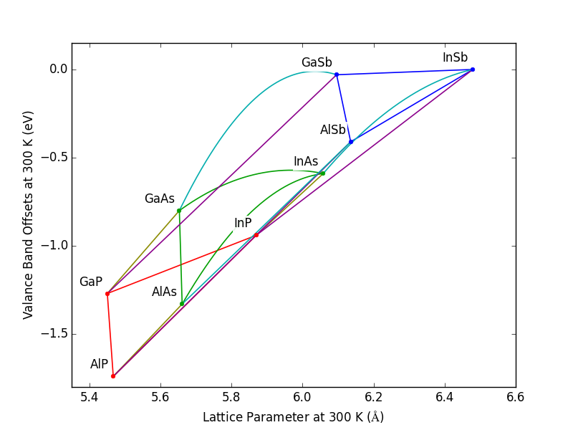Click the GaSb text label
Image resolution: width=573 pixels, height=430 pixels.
pos(317,63)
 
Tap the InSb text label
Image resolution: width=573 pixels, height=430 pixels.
pos(455,58)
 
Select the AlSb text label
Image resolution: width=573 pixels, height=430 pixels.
pos(332,130)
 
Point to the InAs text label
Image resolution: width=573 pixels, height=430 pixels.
pos(306,162)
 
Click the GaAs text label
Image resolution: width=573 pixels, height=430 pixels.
pos(159,199)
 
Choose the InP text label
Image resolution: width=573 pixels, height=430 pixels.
pos(243,224)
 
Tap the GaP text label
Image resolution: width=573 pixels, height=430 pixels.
pos(91,282)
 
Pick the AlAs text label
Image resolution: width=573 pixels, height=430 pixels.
pos(164,292)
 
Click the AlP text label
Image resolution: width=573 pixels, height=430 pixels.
pos(99,365)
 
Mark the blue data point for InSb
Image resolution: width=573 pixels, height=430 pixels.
pos(473,70)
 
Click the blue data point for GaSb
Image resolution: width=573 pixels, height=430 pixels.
pos(337,75)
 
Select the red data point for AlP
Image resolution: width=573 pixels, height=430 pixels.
pos(113,376)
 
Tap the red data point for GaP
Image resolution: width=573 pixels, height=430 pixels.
pos(107,294)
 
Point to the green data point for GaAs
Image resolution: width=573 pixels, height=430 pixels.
pos(179,211)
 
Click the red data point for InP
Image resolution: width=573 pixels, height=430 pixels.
pos(256,235)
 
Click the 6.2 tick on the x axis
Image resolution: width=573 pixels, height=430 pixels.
pos(373,396)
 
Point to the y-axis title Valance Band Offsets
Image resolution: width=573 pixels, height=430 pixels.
pos(28,215)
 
